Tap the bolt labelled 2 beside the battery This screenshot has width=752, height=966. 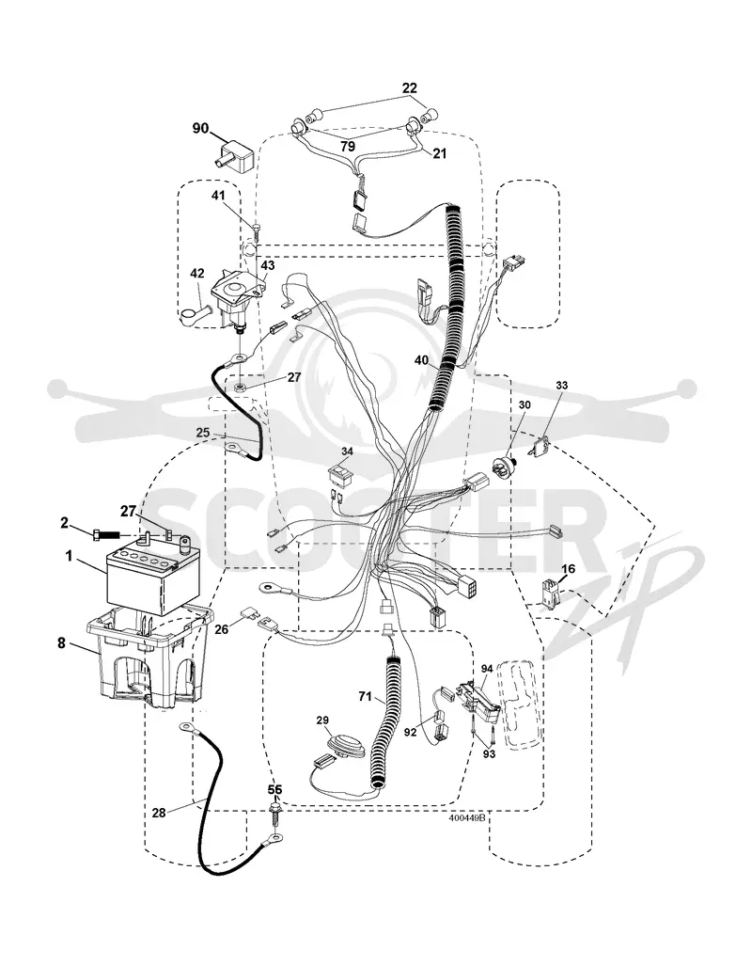(x=106, y=535)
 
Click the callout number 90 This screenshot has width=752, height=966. (x=201, y=128)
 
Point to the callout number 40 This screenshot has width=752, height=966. (x=421, y=360)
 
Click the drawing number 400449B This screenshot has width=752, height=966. (x=467, y=817)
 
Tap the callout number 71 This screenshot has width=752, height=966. (x=365, y=697)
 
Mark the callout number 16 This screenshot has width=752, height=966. (x=569, y=569)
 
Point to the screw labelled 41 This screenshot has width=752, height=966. (x=256, y=233)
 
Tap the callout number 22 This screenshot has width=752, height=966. (x=410, y=88)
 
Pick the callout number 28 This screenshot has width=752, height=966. (x=159, y=813)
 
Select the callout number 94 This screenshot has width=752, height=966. (x=487, y=668)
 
